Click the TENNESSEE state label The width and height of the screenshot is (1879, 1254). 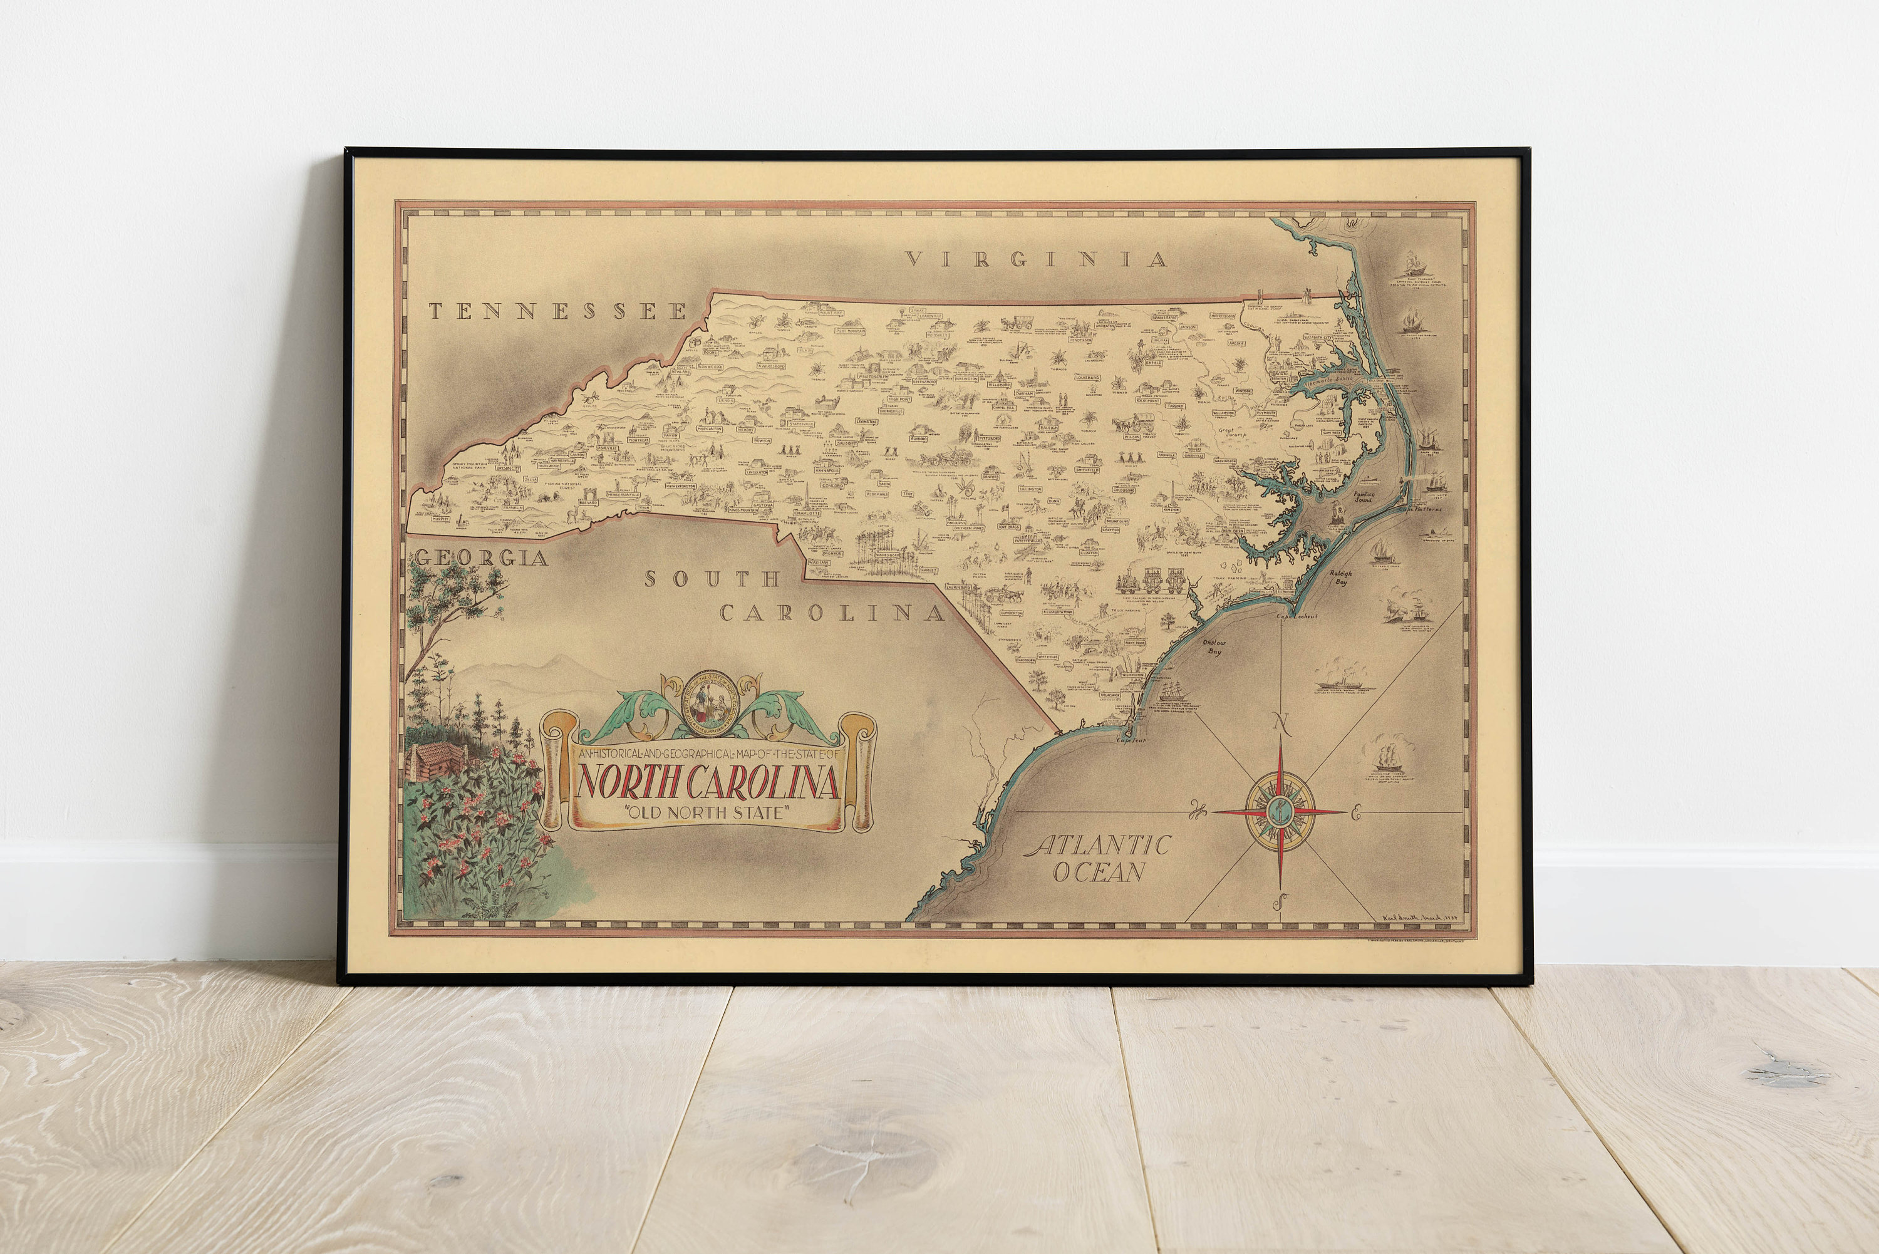(x=557, y=311)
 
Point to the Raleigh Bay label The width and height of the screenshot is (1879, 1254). (x=1341, y=578)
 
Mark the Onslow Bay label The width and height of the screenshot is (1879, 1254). (x=1214, y=646)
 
